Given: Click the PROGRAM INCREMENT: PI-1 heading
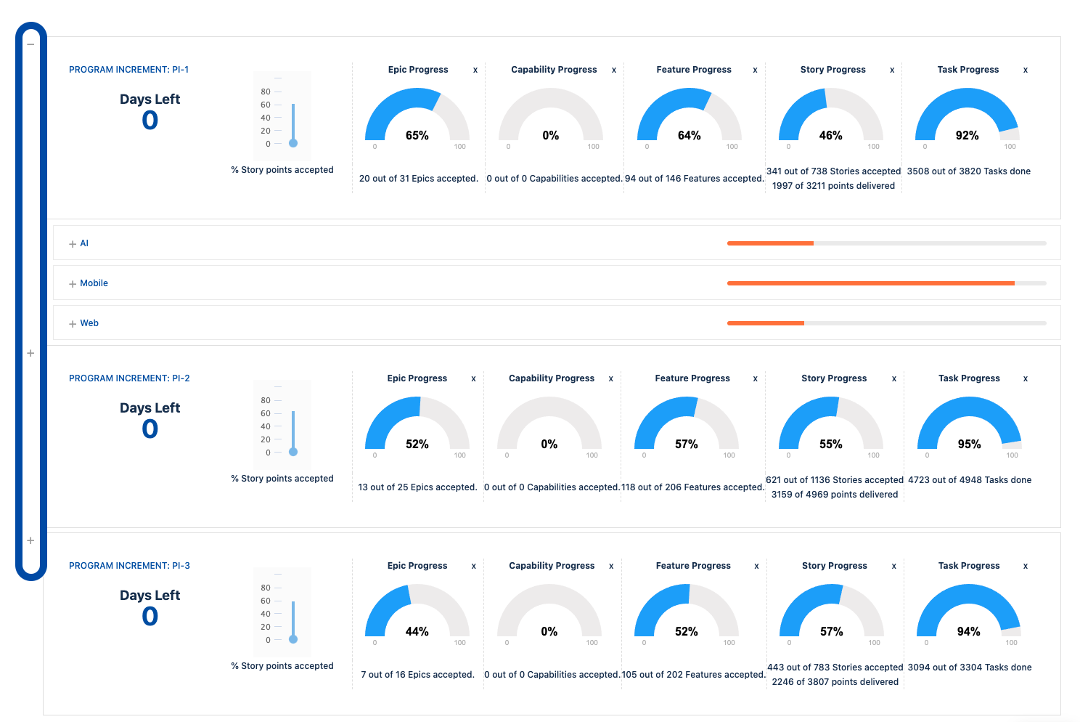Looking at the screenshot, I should (128, 70).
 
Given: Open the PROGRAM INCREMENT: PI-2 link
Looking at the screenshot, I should (129, 378).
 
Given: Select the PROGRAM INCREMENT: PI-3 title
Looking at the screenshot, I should (129, 566).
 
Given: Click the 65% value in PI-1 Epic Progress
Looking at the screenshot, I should (417, 136).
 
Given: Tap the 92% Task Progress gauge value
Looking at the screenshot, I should (967, 136).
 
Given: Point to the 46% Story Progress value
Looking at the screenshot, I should (830, 136).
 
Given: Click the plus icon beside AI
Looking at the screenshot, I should (73, 244).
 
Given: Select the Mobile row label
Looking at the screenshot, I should (94, 283).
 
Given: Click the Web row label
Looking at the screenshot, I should (89, 323).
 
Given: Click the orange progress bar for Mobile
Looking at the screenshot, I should (870, 283).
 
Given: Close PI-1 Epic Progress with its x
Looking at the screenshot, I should (475, 70).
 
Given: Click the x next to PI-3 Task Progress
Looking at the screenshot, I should (1025, 567).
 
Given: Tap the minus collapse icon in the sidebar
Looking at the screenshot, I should (30, 44).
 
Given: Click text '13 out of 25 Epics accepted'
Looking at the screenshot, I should (417, 487).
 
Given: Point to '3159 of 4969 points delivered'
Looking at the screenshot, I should (835, 495).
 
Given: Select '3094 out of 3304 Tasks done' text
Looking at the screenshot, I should (969, 668).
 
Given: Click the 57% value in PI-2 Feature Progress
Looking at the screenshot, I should (686, 445).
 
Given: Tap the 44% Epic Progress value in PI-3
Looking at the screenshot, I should (417, 632).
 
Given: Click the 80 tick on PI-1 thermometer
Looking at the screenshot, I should (266, 92).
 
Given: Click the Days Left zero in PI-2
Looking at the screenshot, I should (150, 429).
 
